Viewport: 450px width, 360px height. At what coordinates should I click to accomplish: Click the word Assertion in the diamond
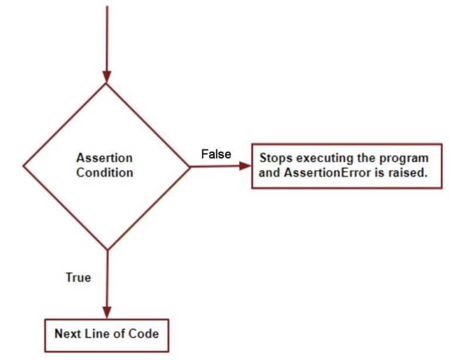(x=104, y=158)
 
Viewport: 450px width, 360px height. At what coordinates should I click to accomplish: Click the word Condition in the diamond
(x=104, y=173)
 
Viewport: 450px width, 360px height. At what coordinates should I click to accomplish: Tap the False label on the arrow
(x=216, y=154)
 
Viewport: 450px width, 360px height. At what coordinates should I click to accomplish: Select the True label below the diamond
(x=78, y=277)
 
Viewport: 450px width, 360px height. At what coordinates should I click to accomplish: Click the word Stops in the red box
(x=274, y=158)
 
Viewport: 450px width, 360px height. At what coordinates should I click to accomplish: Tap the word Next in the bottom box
(x=67, y=334)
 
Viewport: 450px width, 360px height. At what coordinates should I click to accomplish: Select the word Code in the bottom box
(x=145, y=334)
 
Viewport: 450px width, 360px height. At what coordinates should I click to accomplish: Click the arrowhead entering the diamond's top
(x=107, y=76)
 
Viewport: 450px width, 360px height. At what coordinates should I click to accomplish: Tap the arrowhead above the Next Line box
(x=107, y=312)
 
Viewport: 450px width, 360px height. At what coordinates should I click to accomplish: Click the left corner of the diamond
(x=23, y=166)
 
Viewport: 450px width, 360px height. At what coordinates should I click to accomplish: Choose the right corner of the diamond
(x=190, y=166)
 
